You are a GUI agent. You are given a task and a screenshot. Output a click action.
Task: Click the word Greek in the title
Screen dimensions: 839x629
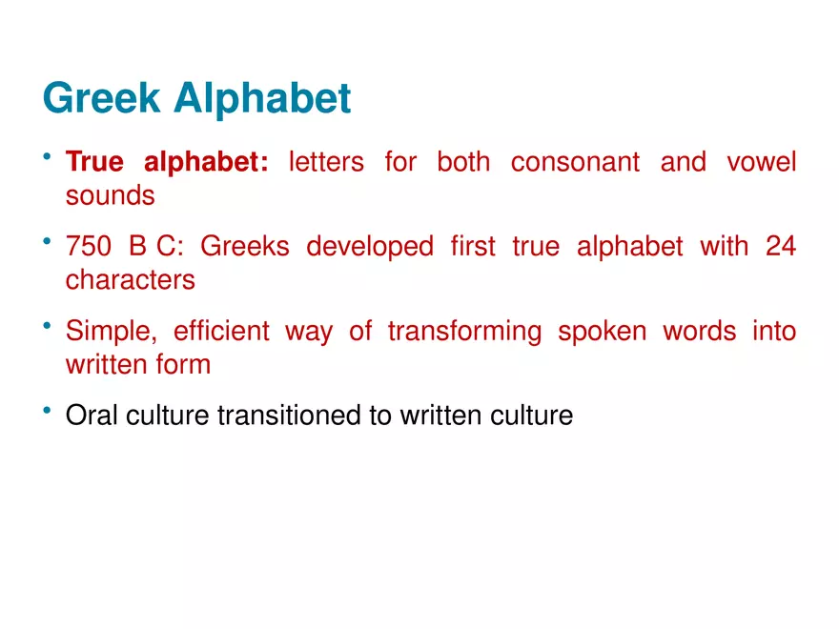coord(102,97)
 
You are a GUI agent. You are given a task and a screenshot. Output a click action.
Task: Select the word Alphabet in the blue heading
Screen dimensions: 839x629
coord(262,99)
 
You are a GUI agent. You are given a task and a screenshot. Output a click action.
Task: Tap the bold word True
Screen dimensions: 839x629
coord(94,161)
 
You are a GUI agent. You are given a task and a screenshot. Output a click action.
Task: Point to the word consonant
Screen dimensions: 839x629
coord(575,162)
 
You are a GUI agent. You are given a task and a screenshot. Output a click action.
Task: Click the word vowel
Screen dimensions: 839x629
coord(762,162)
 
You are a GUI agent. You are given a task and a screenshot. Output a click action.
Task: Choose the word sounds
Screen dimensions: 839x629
coord(111,195)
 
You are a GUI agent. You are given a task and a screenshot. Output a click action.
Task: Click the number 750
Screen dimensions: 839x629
coord(89,247)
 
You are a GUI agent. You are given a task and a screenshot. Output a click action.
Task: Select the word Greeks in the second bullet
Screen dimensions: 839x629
coord(244,247)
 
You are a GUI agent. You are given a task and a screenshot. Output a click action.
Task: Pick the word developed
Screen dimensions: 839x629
coord(370,248)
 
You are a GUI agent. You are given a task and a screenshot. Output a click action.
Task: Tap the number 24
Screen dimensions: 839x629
coord(781,247)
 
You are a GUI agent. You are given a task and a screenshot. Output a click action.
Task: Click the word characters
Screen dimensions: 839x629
coord(131,280)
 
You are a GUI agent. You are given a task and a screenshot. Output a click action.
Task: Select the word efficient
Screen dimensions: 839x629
coord(221,331)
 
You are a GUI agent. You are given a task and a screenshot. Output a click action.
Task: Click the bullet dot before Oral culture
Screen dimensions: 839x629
coord(47,410)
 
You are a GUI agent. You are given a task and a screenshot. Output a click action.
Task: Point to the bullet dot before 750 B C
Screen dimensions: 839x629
coord(47,241)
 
